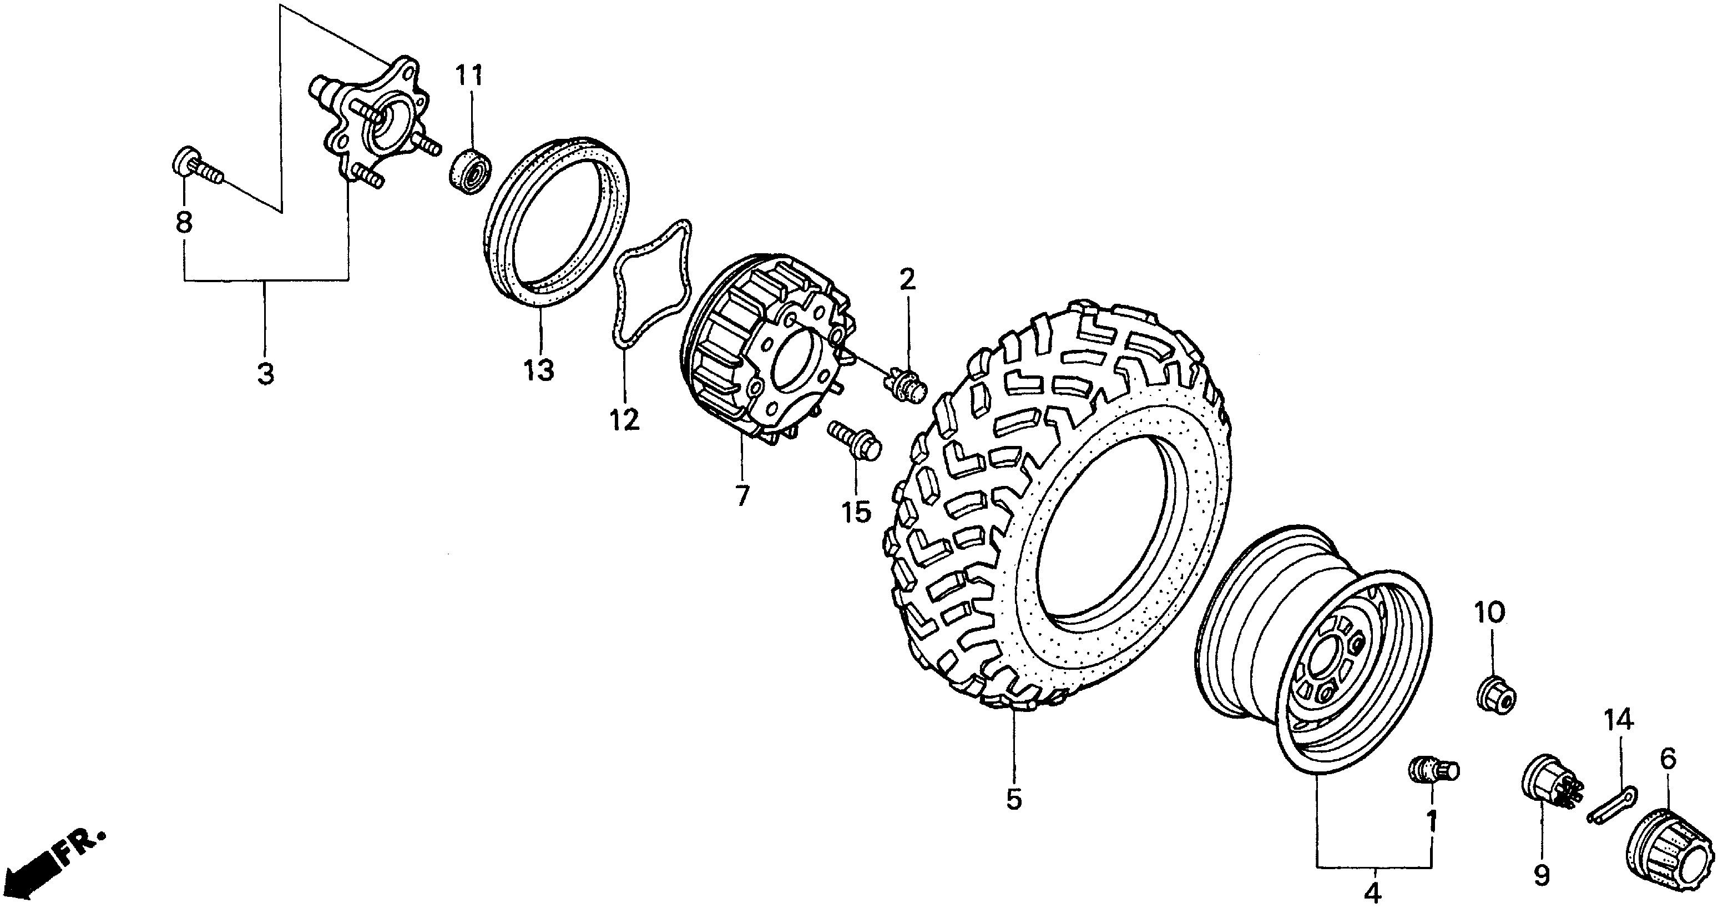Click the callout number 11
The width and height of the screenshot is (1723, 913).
469,76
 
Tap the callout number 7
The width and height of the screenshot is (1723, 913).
742,495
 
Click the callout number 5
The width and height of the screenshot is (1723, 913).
1014,799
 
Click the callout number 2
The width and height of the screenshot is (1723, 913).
906,280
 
